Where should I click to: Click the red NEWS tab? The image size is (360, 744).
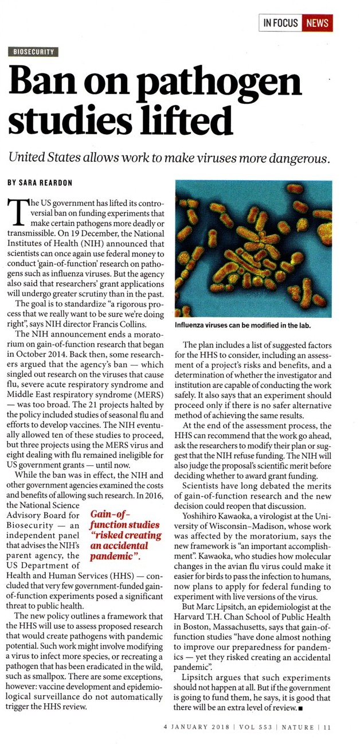tap(318, 23)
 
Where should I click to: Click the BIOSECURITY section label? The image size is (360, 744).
tap(33, 52)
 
